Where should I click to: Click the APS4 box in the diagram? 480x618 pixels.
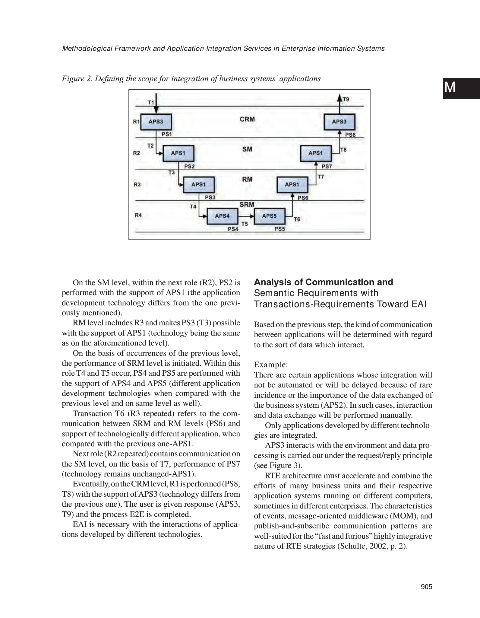(222, 216)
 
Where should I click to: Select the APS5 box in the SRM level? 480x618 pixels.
(269, 216)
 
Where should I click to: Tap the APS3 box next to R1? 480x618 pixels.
(156, 122)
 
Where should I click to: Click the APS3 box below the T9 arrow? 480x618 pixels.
(339, 122)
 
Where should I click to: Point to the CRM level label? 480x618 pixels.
(247, 119)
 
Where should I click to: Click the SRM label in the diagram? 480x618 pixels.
(247, 205)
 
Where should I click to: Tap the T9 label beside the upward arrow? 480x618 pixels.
(346, 99)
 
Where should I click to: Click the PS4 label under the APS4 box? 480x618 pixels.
(233, 229)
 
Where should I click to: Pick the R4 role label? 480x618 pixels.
(138, 215)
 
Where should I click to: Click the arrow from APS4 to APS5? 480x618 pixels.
(246, 216)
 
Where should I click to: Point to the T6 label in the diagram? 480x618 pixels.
(297, 219)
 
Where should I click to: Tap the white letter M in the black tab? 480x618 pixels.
(450, 88)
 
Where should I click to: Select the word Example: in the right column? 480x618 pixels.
(271, 365)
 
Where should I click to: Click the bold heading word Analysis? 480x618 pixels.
(275, 282)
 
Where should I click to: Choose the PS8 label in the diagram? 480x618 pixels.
(350, 135)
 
